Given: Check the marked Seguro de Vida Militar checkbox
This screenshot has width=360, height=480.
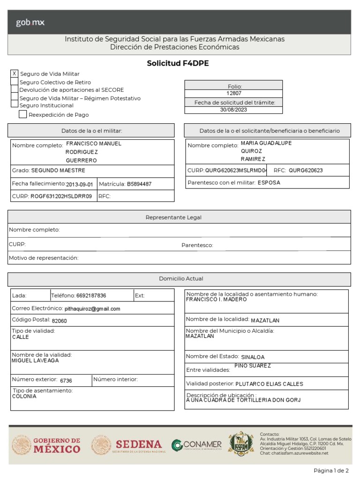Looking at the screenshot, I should coord(15,74).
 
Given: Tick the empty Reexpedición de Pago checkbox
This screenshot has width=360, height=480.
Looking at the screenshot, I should coord(22,114).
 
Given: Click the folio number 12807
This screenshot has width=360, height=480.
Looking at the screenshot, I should coord(233,93).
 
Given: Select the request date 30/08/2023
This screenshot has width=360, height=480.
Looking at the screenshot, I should coord(233,110).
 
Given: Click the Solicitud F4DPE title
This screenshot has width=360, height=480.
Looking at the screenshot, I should coord(178,63).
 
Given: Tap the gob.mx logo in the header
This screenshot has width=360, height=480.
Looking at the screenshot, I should coord(30,22).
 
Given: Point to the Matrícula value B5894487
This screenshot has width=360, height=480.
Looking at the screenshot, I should coord(139,184).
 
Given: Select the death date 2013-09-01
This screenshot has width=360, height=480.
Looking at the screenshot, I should coord(79,184).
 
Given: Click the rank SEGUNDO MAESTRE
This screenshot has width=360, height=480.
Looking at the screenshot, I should coord(58,171).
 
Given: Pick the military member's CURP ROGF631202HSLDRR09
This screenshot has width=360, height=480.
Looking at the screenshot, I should coord(61,196).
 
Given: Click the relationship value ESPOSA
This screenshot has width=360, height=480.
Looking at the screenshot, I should coord(269,183).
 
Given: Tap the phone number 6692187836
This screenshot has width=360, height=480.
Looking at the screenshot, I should coord(91,296).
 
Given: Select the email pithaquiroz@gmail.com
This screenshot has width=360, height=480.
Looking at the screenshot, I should coord(92,309).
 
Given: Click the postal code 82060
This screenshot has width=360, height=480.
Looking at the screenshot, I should coord(59,321).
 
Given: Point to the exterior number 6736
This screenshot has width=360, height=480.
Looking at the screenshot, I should coord(66,381).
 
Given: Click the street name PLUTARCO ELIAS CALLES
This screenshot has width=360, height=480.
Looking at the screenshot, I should coord(269,384).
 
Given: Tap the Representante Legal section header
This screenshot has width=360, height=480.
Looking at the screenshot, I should coord(173,217).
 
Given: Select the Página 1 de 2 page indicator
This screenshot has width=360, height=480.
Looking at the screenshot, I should coord(331,470).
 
